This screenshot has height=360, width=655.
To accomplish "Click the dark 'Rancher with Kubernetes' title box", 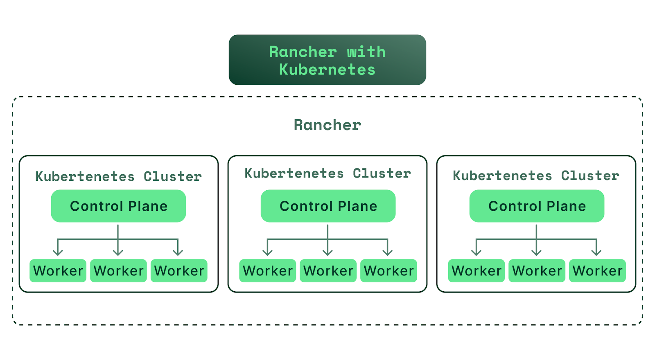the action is tap(327, 60).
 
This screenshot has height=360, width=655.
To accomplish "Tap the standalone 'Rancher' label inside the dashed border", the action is tap(327, 125).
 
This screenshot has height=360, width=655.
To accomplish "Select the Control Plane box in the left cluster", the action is tap(118, 206).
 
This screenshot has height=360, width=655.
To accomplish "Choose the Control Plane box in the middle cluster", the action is tap(328, 206).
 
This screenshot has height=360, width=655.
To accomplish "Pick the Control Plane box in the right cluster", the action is tap(537, 206).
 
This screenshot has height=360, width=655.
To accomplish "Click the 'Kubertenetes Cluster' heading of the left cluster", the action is tap(118, 176).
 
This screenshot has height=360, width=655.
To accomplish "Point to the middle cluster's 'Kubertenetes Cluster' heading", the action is tap(328, 173).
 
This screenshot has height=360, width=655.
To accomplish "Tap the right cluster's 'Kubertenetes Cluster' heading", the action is tap(536, 175).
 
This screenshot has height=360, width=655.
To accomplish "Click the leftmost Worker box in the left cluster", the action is tap(58, 270).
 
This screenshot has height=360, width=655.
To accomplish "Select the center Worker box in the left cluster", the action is tap(118, 270).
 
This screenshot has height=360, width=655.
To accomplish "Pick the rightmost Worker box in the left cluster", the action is tap(179, 270).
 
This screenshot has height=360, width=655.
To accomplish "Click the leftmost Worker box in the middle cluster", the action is tap(268, 270).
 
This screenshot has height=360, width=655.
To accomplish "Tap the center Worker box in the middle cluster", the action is tap(328, 270).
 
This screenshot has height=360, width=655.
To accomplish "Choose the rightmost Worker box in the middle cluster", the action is tap(388, 270).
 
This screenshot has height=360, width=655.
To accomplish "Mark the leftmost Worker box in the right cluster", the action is tap(477, 270).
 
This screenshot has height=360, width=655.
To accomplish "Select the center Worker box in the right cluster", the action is tap(537, 270).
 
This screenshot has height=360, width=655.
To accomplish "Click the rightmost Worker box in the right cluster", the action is tap(597, 270).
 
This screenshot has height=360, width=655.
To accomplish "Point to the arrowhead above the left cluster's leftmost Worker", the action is tap(58, 253).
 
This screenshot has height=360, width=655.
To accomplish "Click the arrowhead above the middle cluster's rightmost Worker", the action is tap(388, 253).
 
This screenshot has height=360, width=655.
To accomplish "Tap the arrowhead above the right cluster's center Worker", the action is tap(536, 253).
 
